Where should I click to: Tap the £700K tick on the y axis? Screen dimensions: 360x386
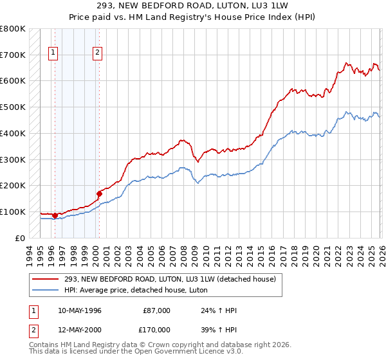click(13, 55)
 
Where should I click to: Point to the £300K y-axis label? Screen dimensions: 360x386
click(13, 159)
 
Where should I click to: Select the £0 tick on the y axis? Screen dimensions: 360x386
click(19, 238)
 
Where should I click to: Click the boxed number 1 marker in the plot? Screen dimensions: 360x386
click(52, 53)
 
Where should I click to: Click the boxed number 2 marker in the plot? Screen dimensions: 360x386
click(97, 53)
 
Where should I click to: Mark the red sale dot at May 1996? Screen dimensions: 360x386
click(55, 215)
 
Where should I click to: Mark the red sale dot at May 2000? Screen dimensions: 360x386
click(99, 193)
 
